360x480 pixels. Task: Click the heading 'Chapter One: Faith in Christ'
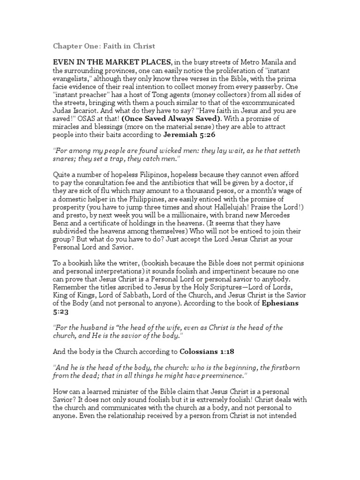coord(104,46)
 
